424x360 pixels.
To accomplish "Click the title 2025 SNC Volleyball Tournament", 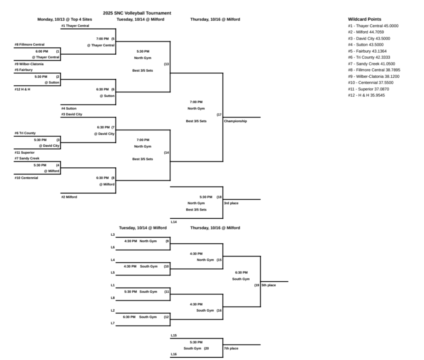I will (137, 13).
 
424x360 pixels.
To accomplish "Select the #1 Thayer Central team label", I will (75, 26).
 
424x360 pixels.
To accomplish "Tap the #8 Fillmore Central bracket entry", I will (29, 44).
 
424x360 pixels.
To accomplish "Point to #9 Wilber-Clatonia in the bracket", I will (29, 64).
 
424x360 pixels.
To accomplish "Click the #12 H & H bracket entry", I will (22, 89).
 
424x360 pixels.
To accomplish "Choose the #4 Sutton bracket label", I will (69, 108).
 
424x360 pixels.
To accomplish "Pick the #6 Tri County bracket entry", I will (25, 133).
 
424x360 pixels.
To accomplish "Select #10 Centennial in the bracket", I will (26, 178).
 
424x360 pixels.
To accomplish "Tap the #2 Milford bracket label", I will (69, 197).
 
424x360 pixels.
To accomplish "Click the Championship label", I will (235, 121).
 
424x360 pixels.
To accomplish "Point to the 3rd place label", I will (231, 203).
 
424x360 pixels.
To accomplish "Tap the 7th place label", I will (231, 348).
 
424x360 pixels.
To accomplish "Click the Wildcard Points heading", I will (364, 19).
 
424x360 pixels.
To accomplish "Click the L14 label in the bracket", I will (174, 222).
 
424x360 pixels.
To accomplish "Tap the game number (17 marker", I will (219, 114).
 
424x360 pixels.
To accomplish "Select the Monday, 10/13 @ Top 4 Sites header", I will (65, 19).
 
